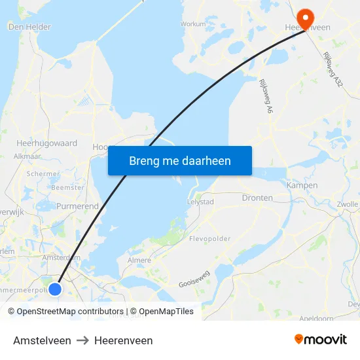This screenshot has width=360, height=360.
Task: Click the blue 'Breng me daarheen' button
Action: click(180, 160)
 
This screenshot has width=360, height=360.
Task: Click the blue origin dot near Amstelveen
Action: click(56, 288)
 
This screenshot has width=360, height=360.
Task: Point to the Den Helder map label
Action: click(29, 27)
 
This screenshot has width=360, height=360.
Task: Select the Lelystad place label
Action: click(200, 202)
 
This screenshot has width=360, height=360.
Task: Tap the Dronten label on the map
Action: click(257, 198)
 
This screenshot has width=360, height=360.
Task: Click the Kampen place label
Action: click(302, 185)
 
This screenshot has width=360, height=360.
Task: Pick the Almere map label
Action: click(138, 260)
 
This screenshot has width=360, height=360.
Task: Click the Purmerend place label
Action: click(77, 206)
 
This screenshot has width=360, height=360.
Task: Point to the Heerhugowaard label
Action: click(46, 143)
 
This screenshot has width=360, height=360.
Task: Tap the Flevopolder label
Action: click(209, 239)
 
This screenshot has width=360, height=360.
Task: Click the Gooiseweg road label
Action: click(194, 279)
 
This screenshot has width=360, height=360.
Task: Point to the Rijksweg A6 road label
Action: click(265, 98)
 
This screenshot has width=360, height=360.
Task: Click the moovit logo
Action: click(321, 340)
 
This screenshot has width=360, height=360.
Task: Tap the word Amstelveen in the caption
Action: click(42, 340)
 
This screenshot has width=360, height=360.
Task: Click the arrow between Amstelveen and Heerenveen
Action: click(82, 340)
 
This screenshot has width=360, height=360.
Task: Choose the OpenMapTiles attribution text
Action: click(162, 312)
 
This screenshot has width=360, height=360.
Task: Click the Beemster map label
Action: click(67, 187)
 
